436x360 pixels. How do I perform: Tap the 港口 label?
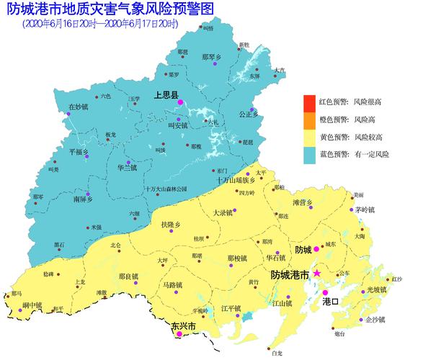coord(331,300)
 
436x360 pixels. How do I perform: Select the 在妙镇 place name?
coord(78,107)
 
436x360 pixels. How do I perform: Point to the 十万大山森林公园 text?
coord(165,189)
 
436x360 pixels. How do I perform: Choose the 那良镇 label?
coord(128,276)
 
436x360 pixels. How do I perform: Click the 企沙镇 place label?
coord(375,319)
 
